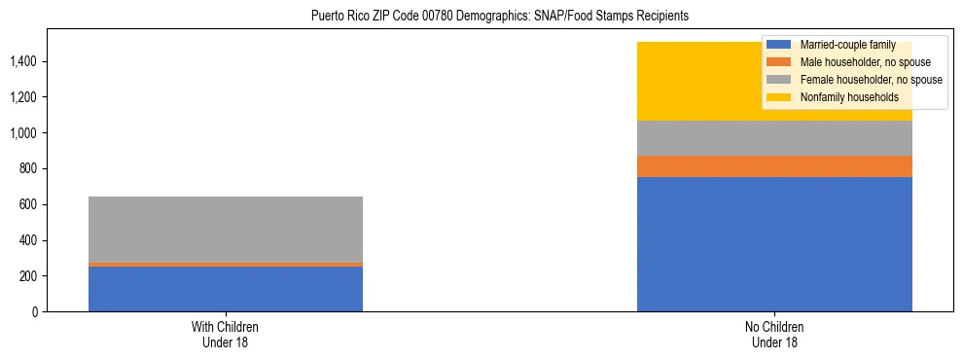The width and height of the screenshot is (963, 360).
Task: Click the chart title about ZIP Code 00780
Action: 499,16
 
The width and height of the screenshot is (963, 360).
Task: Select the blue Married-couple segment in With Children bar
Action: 226,289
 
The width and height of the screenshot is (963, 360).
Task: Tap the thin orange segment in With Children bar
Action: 226,265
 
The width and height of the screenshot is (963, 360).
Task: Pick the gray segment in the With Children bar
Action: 226,230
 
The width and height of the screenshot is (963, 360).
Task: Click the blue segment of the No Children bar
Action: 774,244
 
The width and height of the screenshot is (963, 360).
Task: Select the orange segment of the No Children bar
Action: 774,166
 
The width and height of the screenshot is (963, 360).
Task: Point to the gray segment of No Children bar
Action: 774,138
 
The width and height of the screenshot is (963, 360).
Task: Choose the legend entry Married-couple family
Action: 842,45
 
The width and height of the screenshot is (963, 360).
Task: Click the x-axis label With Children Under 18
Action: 226,335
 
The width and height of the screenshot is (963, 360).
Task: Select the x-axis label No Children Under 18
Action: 774,335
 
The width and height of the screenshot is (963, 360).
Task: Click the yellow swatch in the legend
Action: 779,97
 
